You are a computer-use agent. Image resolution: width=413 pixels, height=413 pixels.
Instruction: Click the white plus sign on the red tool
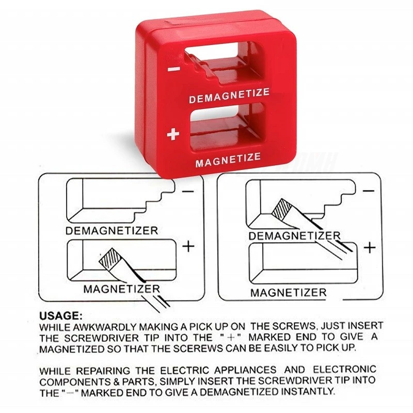(173, 134)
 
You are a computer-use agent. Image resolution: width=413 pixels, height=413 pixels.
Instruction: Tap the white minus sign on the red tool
(174, 69)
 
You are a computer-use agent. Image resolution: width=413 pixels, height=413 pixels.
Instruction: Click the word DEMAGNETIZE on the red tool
(229, 96)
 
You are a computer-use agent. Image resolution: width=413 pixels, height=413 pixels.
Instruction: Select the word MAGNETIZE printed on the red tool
(228, 160)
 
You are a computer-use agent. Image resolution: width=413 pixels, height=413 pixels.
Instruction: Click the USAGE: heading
(61, 315)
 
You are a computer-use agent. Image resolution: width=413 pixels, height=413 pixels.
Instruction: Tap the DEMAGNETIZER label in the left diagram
(112, 231)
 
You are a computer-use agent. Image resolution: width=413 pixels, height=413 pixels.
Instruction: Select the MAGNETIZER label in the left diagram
(122, 289)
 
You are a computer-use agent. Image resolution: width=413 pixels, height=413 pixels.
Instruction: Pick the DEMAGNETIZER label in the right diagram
(294, 236)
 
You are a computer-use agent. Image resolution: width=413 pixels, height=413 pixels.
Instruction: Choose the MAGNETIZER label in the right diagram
(289, 293)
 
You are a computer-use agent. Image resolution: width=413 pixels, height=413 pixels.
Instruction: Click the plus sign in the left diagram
(188, 247)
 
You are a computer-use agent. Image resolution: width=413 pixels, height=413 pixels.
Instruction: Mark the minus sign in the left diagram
(188, 191)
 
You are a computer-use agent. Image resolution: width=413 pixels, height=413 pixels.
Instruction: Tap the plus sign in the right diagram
(370, 248)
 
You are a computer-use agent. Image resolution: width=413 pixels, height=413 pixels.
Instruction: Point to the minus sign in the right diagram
(369, 190)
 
